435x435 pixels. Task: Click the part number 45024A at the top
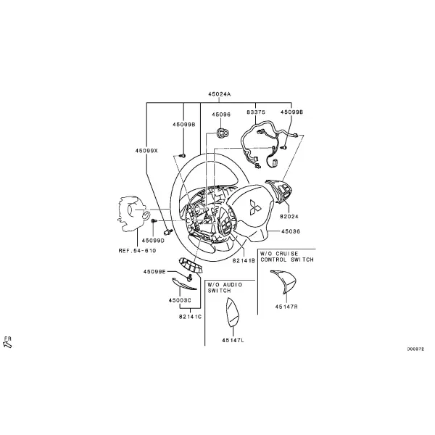pos(220,94)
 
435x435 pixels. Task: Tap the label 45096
pos(221,115)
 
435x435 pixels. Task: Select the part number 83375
pos(256,112)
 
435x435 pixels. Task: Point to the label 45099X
pos(146,151)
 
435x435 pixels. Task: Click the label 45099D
pos(153,241)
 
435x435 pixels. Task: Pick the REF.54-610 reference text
pos(137,251)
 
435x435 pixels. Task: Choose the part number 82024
pos(289,216)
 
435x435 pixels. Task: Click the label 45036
pos(291,231)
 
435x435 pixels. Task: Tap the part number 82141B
pos(244,260)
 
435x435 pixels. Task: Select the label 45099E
pos(154,272)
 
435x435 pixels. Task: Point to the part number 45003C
pos(180,300)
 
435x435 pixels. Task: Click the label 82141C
pos(190,317)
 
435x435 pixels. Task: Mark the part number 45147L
pos(233,340)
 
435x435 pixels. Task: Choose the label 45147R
pos(286,307)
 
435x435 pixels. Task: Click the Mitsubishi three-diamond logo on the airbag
pos(254,207)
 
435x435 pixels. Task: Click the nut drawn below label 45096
pos(223,133)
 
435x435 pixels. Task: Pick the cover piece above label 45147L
pos(233,312)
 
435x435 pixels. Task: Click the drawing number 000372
pos(415,349)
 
